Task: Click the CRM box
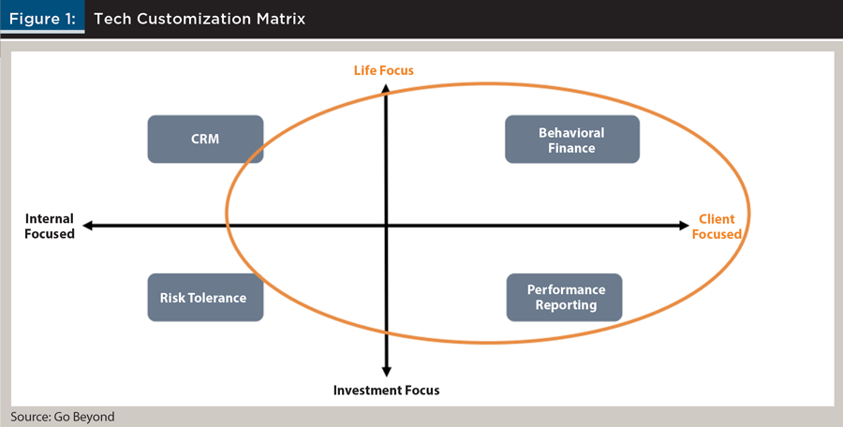205,139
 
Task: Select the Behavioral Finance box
572,139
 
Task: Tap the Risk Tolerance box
205,298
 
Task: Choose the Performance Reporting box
565,298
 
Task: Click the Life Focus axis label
384,70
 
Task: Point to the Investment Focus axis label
387,390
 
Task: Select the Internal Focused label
50,227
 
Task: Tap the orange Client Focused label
717,227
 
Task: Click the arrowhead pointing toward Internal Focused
88,226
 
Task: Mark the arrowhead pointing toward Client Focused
684,226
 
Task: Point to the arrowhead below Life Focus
386,90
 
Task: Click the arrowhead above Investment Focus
386,372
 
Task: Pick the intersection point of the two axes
386,226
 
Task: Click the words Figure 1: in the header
42,19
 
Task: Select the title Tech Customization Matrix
200,19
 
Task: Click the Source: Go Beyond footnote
63,417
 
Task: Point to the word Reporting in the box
566,305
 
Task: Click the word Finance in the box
571,148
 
